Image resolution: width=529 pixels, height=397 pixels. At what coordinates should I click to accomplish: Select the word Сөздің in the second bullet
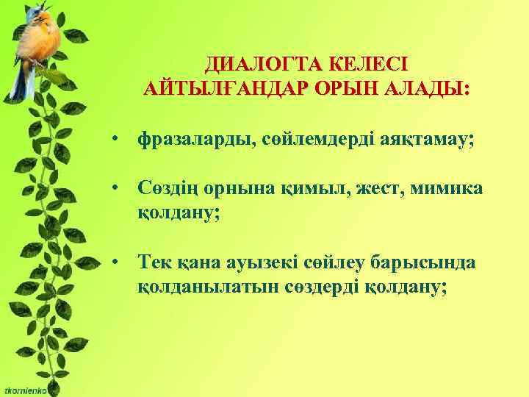(166, 190)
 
